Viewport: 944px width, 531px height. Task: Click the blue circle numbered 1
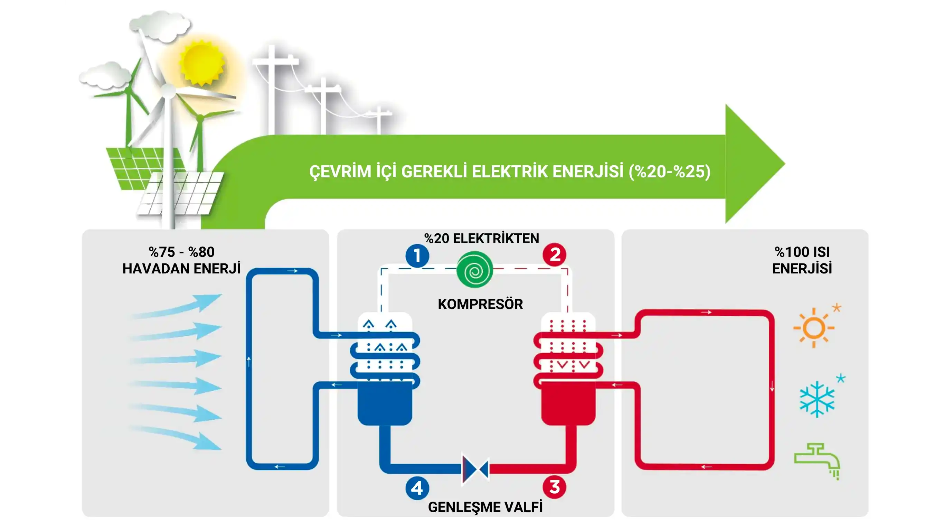417,255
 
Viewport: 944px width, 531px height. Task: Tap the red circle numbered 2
555,254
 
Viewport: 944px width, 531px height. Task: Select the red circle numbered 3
555,487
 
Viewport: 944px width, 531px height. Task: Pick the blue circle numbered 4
417,488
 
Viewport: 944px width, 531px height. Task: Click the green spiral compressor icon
474,270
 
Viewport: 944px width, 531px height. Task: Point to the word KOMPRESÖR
480,304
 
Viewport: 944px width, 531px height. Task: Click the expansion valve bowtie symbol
475,470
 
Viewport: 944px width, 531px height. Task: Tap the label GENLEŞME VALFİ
485,507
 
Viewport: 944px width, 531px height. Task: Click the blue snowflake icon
817,399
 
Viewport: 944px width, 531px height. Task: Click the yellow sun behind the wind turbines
201,63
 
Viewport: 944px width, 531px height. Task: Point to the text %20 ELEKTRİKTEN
482,239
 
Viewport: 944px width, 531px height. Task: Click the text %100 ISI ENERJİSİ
802,260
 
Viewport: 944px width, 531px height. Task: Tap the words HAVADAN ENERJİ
181,268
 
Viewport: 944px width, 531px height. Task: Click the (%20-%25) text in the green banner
670,171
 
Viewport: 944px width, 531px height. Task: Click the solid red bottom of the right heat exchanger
568,403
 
